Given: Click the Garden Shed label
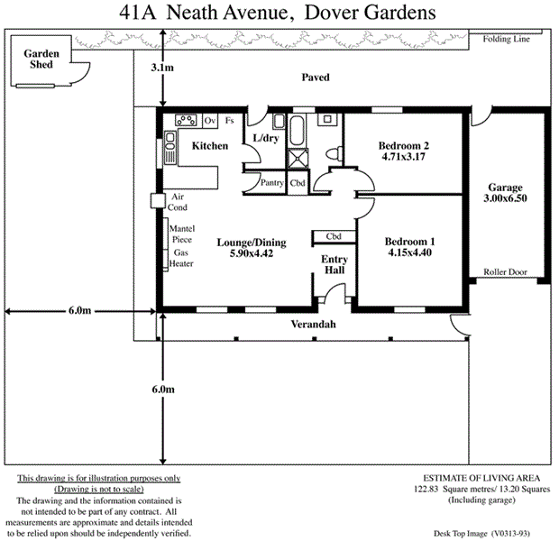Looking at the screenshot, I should click(41, 60).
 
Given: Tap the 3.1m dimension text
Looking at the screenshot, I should click(162, 68).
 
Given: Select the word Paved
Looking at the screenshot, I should click(315, 78).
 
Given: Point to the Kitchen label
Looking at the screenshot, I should click(209, 146).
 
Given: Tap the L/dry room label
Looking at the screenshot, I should click(266, 138).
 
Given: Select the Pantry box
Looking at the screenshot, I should click(271, 183).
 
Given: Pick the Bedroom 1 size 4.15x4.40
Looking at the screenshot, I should click(409, 254).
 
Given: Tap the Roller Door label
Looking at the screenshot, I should click(505, 270).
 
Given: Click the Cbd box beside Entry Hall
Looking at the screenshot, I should click(334, 237).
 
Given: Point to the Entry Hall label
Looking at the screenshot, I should click(334, 264).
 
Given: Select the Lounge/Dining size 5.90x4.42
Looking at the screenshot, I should click(245, 254).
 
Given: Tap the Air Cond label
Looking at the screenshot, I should click(178, 201).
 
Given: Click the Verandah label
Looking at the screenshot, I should click(314, 324).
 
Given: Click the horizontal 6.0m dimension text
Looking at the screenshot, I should click(78, 311).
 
